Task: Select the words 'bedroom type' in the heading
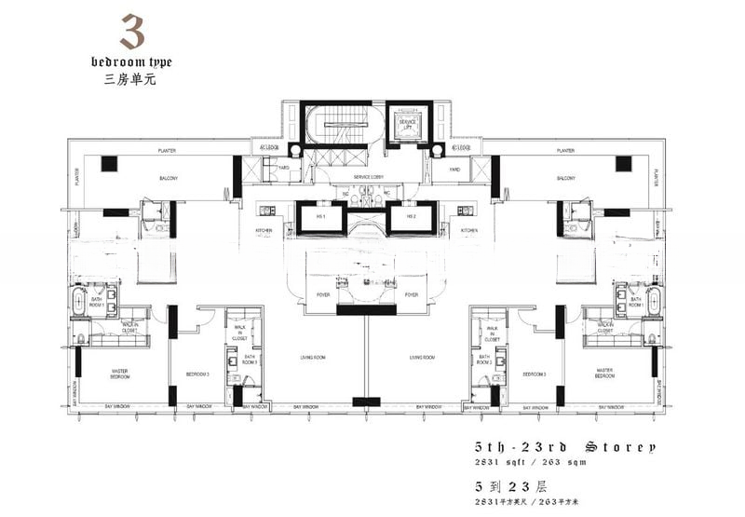coord(131,61)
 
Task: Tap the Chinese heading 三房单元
coord(131,79)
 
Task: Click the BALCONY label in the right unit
coord(564,177)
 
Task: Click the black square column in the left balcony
coord(109,164)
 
